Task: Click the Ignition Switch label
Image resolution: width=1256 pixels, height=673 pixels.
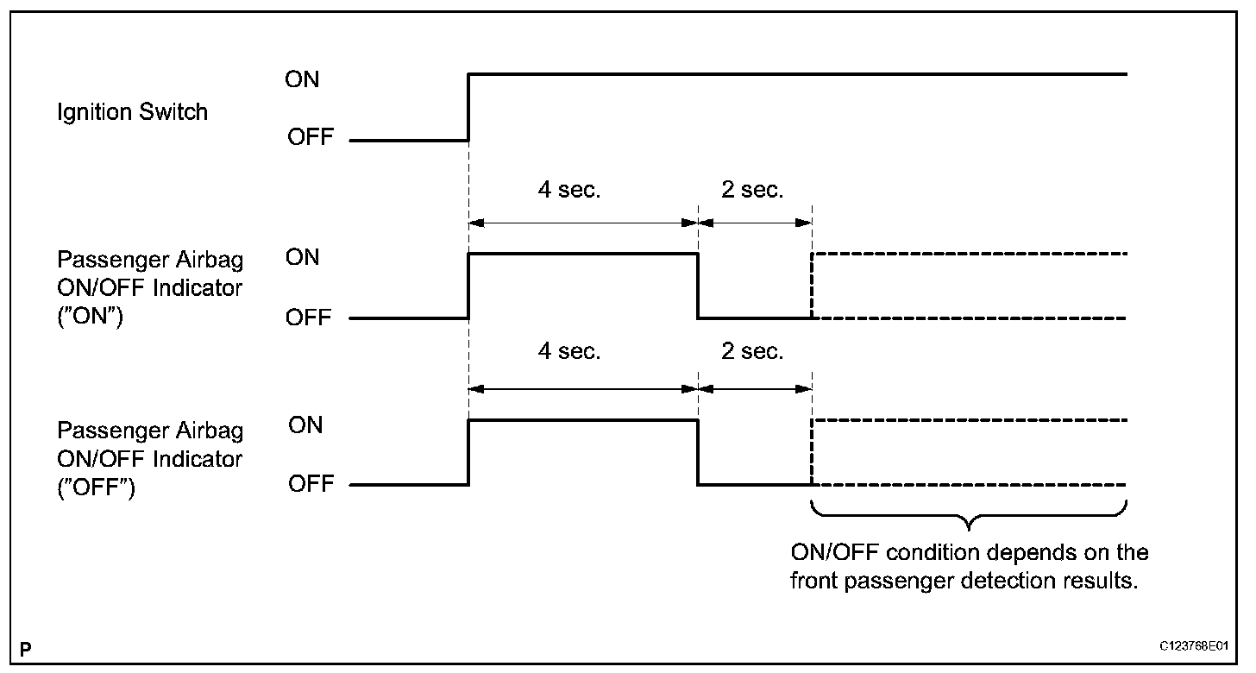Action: point(132,111)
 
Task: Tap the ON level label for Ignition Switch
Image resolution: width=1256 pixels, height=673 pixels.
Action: point(302,79)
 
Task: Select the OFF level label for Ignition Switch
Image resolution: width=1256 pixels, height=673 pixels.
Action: point(310,137)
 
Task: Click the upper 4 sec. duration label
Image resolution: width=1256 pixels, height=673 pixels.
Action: point(568,190)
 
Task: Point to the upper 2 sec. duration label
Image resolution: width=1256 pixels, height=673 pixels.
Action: point(752,190)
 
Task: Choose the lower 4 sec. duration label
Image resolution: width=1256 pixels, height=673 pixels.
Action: point(568,352)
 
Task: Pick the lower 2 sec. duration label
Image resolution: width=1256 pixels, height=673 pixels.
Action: point(752,352)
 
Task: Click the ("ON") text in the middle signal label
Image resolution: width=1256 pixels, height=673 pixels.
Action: point(90,317)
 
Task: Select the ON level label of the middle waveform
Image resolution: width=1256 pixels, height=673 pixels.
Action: point(302,257)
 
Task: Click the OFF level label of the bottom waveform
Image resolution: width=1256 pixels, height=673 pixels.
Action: point(310,483)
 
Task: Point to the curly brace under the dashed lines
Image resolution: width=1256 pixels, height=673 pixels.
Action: point(970,518)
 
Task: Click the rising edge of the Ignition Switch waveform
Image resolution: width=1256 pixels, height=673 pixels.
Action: point(468,107)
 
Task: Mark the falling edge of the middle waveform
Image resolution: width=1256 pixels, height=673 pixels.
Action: point(697,286)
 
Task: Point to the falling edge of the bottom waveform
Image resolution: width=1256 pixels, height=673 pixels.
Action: point(697,452)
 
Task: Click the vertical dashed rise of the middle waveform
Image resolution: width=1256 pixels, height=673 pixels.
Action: point(812,286)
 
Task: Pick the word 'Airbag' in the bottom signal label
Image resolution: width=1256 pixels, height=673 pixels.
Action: point(208,430)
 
